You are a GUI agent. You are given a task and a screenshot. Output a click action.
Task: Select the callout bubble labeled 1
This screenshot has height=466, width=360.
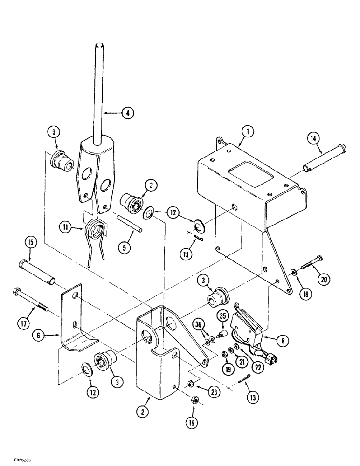coord(248,132)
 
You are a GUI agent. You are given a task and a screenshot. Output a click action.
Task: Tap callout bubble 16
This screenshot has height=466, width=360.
coord(194,423)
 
